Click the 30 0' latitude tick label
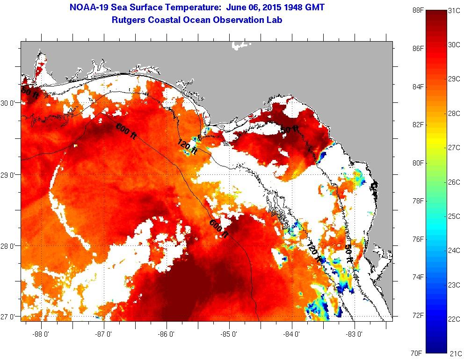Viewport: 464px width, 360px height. tap(9, 103)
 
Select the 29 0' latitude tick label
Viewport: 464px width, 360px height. tap(9, 175)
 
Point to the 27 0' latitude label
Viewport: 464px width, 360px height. tap(9, 317)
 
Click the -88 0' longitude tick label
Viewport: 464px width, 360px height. tap(41, 334)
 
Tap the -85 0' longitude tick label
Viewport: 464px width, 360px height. tap(229, 334)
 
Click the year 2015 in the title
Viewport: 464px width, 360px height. tap(272, 8)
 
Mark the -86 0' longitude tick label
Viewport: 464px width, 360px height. tap(167, 334)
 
